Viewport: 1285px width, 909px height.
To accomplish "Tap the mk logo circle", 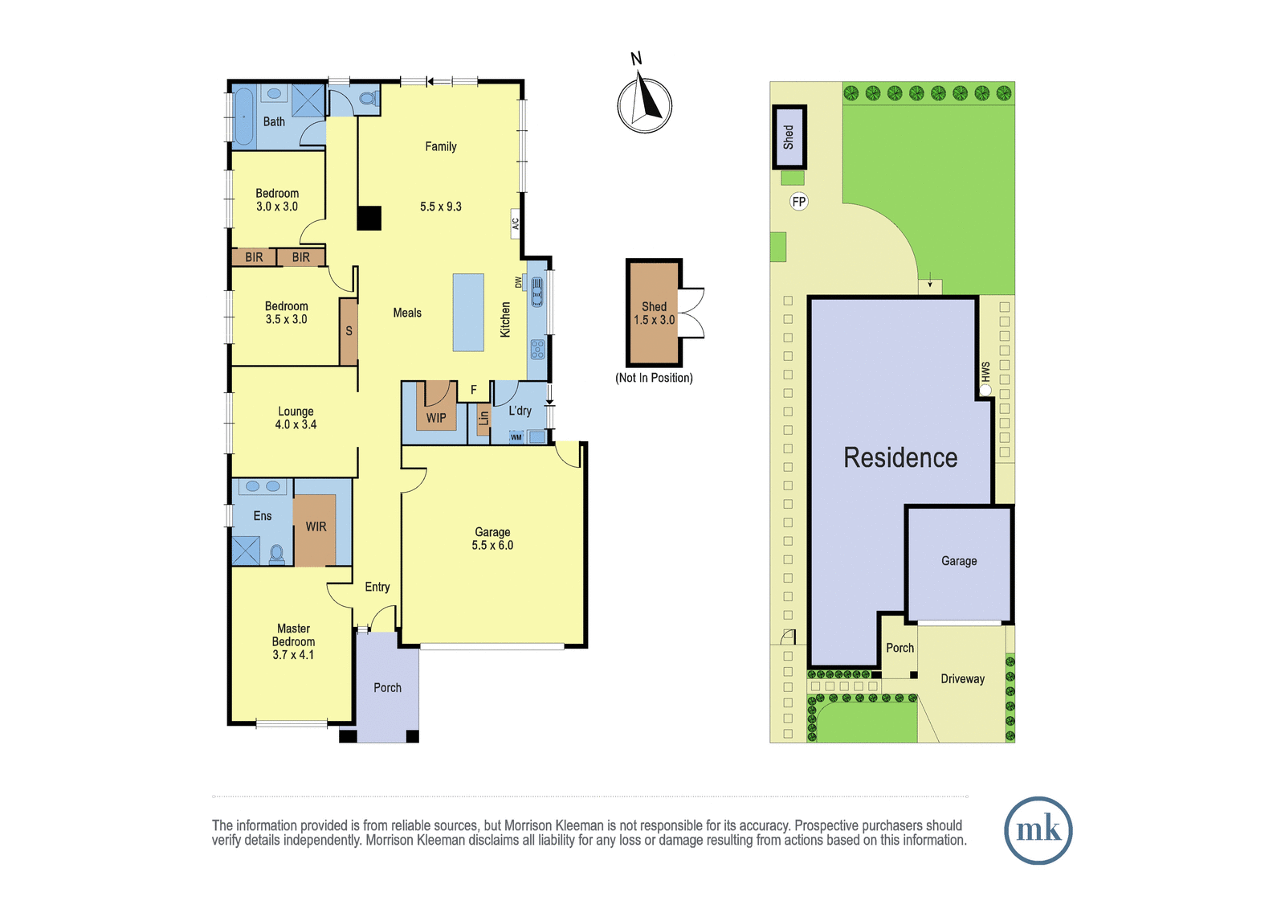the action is (1038, 830).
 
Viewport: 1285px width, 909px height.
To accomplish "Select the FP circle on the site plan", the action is (798, 202).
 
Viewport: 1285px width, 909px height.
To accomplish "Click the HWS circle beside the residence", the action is (985, 391).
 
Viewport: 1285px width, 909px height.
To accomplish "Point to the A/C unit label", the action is (515, 223).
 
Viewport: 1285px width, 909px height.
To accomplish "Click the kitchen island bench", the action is (468, 313).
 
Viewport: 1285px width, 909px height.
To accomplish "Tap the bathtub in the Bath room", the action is (244, 116).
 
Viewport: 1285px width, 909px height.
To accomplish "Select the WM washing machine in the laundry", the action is (516, 437).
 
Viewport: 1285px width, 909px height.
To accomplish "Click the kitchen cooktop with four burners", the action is (537, 349).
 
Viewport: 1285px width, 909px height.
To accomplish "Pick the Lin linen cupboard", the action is (483, 420).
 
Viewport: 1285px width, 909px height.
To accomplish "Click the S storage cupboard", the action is (349, 331).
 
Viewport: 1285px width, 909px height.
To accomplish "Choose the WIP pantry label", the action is (436, 417).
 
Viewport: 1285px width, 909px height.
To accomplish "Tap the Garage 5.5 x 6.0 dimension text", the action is (492, 546).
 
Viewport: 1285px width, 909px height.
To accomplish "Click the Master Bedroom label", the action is (293, 635).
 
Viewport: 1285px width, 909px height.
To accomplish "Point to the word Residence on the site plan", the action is (900, 457).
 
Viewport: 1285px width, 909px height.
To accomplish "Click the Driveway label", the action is (962, 678).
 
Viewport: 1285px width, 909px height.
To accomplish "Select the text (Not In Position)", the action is (654, 378).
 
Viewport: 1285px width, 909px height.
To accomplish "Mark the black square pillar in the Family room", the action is (369, 218).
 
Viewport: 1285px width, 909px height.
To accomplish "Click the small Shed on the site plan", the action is (789, 137).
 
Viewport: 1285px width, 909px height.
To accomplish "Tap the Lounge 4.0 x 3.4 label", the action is (296, 418).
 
